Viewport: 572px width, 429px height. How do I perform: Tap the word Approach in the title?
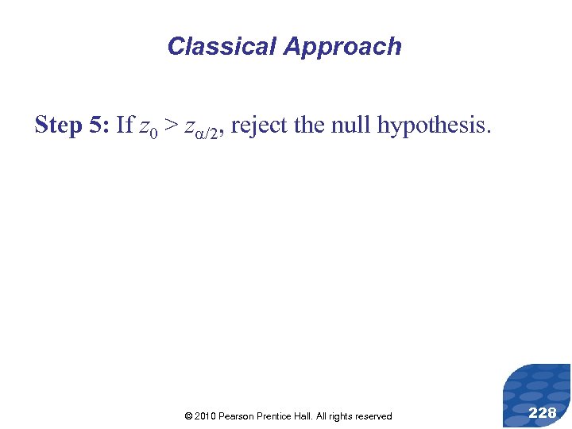click(342, 47)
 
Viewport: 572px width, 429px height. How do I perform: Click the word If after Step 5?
click(125, 125)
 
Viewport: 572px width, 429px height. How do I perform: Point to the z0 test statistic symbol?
click(147, 127)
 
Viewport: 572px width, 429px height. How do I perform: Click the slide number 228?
click(542, 413)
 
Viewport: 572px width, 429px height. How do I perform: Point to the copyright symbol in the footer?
click(187, 416)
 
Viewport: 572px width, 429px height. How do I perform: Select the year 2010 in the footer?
click(205, 416)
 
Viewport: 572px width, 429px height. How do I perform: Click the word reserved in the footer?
click(372, 416)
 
